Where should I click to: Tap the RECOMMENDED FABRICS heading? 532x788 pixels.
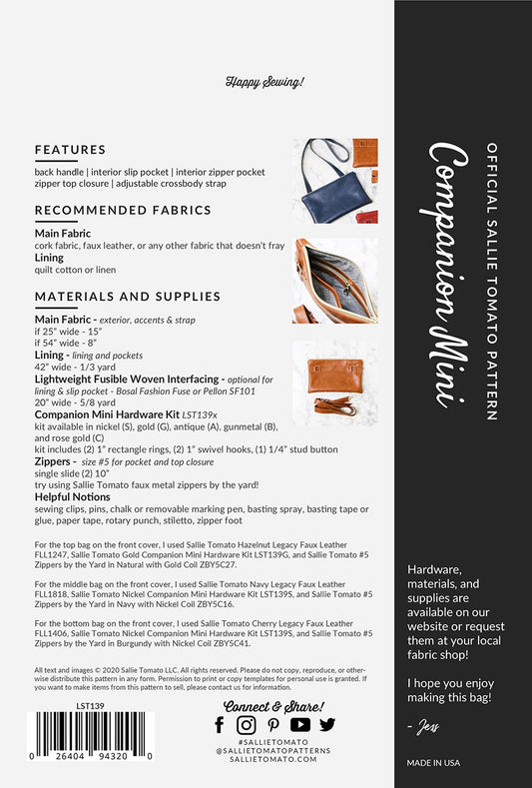(x=123, y=210)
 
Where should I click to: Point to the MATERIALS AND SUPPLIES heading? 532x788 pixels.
(x=127, y=296)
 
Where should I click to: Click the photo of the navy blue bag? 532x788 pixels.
(x=335, y=181)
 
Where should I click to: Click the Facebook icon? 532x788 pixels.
(x=220, y=725)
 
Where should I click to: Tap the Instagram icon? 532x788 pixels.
(x=246, y=725)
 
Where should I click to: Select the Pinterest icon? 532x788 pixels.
(x=272, y=725)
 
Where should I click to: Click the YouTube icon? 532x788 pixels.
(x=299, y=725)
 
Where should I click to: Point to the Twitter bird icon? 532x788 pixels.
(x=326, y=725)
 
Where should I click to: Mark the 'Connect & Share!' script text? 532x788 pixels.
(x=272, y=705)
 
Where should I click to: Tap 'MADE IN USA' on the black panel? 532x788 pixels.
(x=433, y=762)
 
